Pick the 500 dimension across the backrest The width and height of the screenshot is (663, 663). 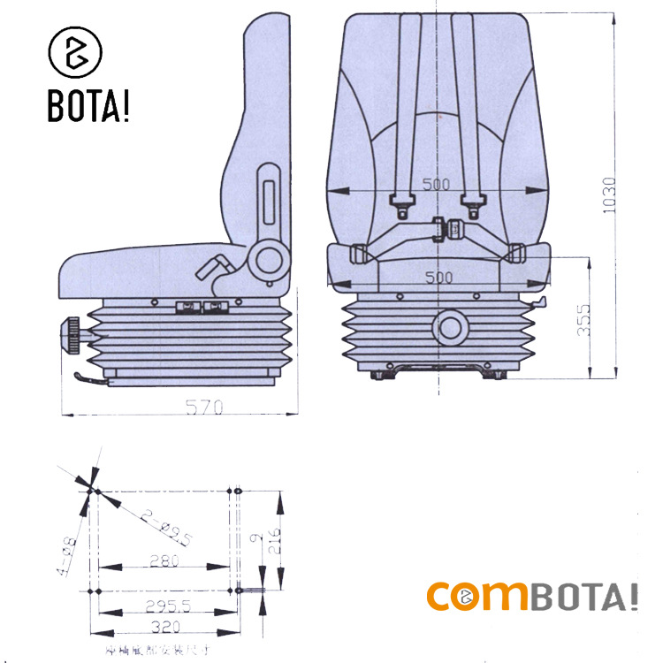point(436,184)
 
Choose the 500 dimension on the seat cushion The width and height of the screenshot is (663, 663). point(438,277)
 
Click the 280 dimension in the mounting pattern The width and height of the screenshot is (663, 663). point(164,560)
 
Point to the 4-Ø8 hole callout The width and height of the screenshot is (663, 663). point(68,555)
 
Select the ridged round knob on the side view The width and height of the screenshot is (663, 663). point(68,336)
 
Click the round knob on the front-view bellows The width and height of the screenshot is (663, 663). point(452,328)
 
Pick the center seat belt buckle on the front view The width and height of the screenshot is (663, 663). point(446,228)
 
